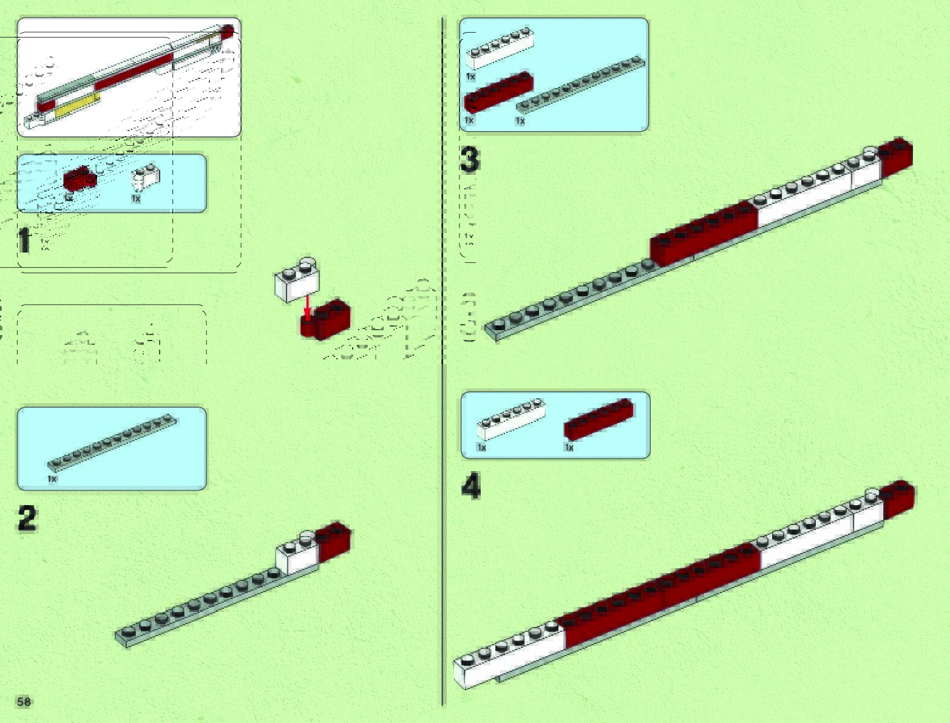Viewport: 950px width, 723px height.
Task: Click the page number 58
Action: pyautogui.click(x=24, y=702)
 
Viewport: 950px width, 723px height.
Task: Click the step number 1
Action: pyautogui.click(x=24, y=240)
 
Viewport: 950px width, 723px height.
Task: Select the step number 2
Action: pyautogui.click(x=27, y=518)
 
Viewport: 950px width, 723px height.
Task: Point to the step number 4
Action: pyautogui.click(x=471, y=487)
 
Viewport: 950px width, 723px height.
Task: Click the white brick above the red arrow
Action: pyautogui.click(x=297, y=281)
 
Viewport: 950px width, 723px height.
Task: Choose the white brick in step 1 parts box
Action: pyautogui.click(x=146, y=177)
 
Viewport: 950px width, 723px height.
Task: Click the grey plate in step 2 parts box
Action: pyautogui.click(x=113, y=442)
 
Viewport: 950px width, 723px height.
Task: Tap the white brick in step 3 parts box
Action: pyautogui.click(x=500, y=50)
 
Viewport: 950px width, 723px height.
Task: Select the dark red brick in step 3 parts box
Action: pyautogui.click(x=498, y=93)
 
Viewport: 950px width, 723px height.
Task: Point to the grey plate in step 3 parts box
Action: pyautogui.click(x=580, y=85)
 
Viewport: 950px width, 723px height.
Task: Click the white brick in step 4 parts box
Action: pyautogui.click(x=511, y=419)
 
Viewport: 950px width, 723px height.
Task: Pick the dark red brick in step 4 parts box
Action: pyautogui.click(x=599, y=419)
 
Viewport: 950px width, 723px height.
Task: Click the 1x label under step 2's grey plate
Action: pyautogui.click(x=52, y=479)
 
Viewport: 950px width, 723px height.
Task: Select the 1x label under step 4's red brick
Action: pyautogui.click(x=569, y=447)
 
